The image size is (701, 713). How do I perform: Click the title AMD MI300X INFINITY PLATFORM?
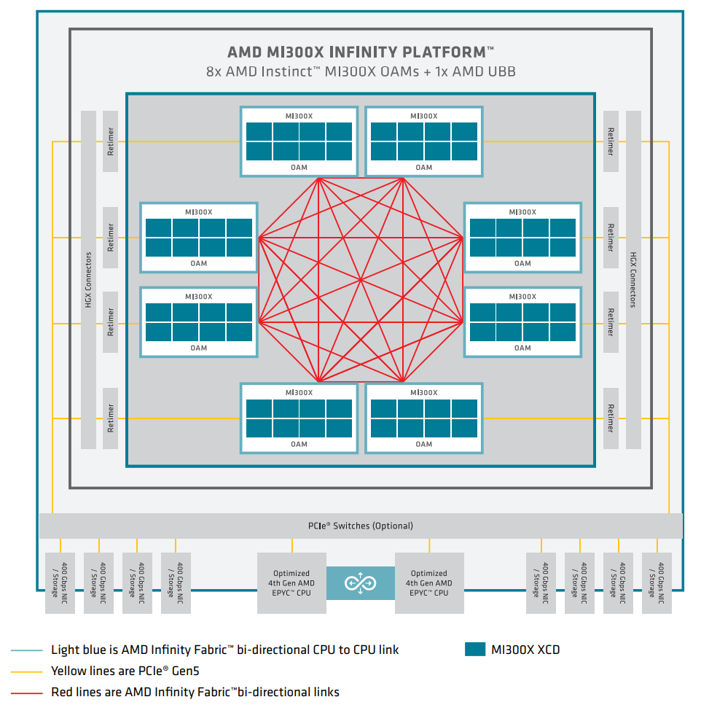pyautogui.click(x=360, y=52)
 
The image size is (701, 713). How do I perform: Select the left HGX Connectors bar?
pyautogui.click(x=88, y=279)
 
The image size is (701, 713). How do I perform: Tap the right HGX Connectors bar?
pyautogui.click(x=633, y=279)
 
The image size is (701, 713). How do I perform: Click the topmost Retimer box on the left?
pyautogui.click(x=111, y=141)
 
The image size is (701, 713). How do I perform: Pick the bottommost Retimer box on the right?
pyautogui.click(x=611, y=418)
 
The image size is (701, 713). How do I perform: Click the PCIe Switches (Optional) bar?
pyautogui.click(x=360, y=526)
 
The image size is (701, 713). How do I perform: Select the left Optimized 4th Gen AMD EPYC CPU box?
pyautogui.click(x=291, y=583)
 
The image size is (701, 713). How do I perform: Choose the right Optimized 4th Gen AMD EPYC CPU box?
pyautogui.click(x=429, y=583)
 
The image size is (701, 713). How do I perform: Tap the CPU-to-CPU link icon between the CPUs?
pyautogui.click(x=360, y=583)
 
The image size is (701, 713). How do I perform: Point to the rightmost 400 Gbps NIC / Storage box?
pyautogui.click(x=657, y=583)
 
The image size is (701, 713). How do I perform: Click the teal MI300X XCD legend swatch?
pyautogui.click(x=475, y=650)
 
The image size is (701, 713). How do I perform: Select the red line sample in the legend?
pyautogui.click(x=26, y=692)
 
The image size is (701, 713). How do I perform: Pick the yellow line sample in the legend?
pyautogui.click(x=26, y=671)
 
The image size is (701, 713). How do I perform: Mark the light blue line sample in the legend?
pyautogui.click(x=26, y=650)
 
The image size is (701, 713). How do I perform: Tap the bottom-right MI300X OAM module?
pyautogui.click(x=423, y=418)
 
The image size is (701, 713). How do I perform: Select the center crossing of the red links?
pyautogui.click(x=361, y=279)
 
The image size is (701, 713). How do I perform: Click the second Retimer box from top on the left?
pyautogui.click(x=111, y=238)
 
